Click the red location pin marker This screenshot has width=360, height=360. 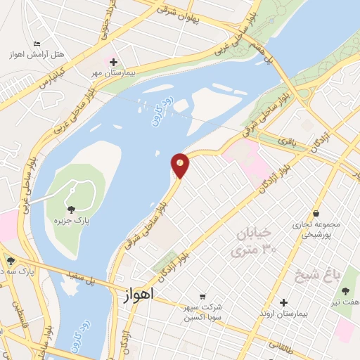(x=181, y=165)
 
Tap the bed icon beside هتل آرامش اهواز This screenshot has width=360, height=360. (x=37, y=46)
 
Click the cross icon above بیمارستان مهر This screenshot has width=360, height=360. (x=113, y=63)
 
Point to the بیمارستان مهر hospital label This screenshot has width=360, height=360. (x=117, y=72)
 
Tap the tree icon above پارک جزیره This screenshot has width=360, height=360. (x=70, y=210)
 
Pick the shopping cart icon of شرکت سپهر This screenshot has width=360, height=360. (x=202, y=297)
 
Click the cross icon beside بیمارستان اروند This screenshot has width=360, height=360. (x=283, y=303)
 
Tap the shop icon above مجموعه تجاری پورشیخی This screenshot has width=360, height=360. (x=316, y=213)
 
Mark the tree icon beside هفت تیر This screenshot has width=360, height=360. (x=345, y=290)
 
